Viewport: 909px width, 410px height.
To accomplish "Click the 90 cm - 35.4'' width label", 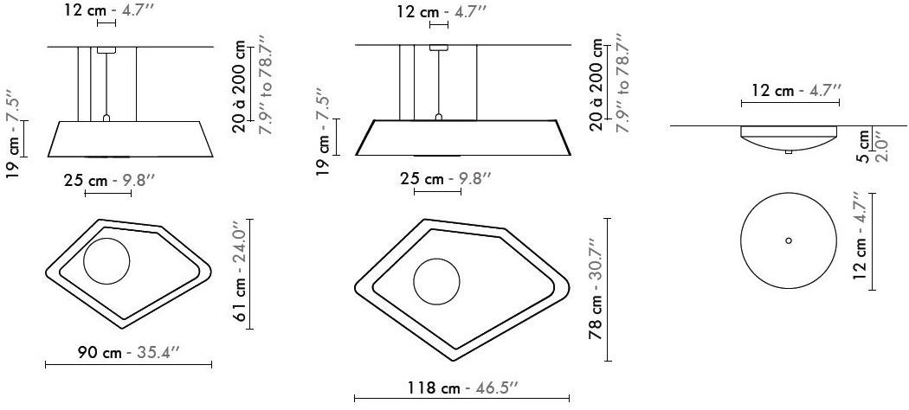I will (x=128, y=353).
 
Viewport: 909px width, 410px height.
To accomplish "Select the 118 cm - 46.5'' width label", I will (x=461, y=388).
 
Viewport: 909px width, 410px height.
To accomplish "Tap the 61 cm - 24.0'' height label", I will (x=242, y=274).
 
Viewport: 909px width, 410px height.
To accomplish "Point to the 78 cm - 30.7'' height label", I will (x=596, y=289).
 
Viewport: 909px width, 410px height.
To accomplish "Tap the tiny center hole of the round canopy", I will (x=788, y=240).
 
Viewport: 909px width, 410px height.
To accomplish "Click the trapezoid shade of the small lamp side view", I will (x=130, y=139).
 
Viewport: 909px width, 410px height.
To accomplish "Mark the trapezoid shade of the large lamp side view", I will (x=461, y=138).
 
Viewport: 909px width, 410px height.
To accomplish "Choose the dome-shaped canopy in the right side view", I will (x=789, y=138).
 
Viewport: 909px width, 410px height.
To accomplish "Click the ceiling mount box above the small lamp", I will (x=106, y=51).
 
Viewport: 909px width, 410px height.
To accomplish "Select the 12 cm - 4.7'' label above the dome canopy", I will (x=790, y=90).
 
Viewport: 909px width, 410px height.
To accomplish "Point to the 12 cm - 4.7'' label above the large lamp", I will (x=441, y=12).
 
